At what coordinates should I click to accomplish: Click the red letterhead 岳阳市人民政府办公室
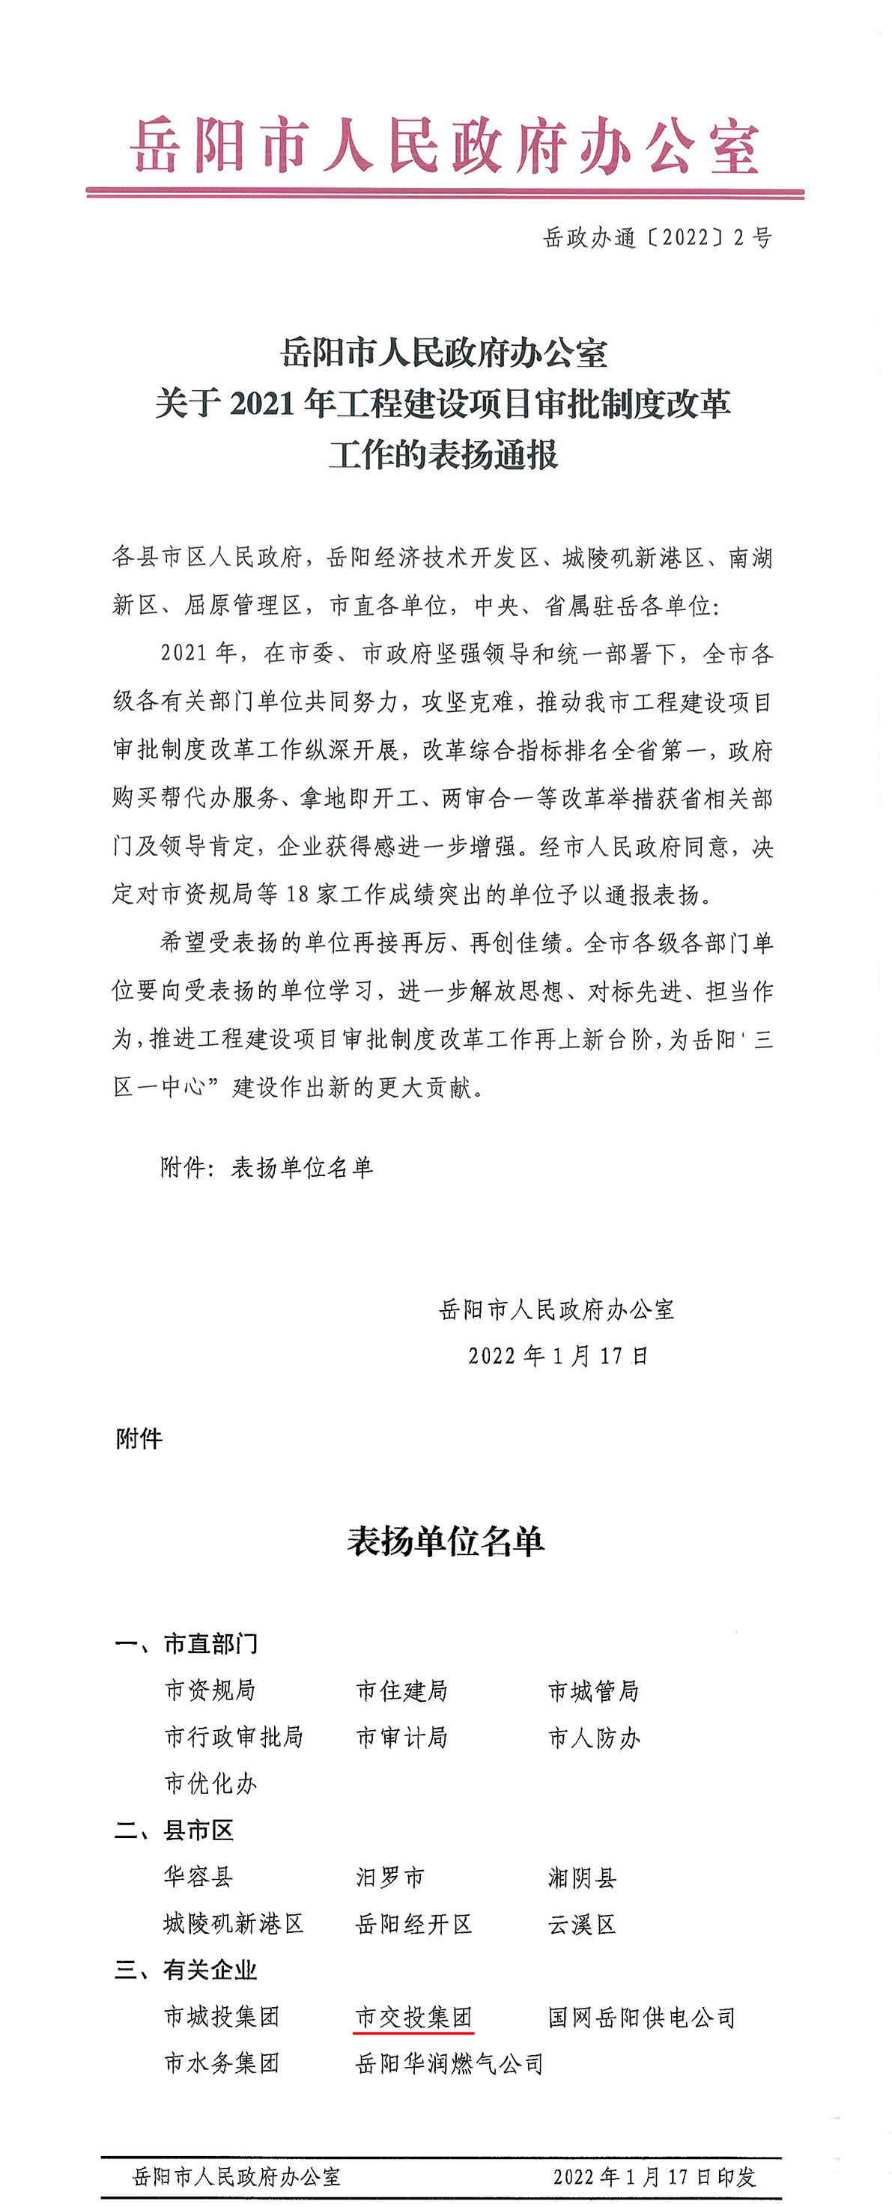[x=445, y=146]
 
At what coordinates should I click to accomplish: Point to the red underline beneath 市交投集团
[x=414, y=2031]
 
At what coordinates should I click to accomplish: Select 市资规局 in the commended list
[x=210, y=1690]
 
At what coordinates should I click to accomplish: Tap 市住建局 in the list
[x=402, y=1690]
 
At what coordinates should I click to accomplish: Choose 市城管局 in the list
[x=594, y=1690]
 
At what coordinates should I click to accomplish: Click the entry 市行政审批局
[x=234, y=1737]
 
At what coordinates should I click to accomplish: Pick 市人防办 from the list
[x=594, y=1738]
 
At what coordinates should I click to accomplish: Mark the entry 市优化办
[x=210, y=1784]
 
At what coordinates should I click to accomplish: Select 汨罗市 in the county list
[x=390, y=1877]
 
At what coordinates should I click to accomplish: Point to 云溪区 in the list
[x=582, y=1924]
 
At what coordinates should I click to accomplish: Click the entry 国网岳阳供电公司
[x=642, y=2018]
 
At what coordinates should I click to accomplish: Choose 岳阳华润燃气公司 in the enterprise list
[x=450, y=2064]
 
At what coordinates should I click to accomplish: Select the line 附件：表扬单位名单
[x=267, y=1167]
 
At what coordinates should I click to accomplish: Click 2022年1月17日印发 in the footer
[x=654, y=2176]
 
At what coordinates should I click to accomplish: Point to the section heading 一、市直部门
[x=186, y=1643]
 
